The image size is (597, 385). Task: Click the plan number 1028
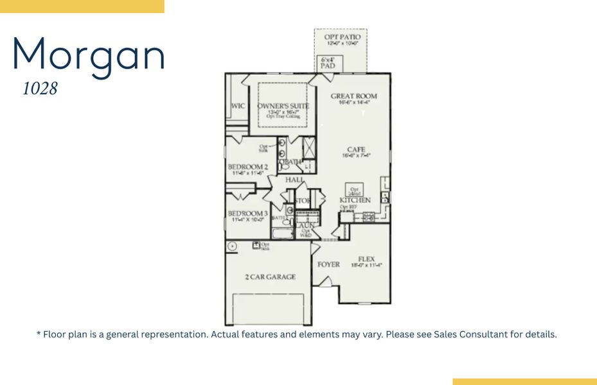pyautogui.click(x=40, y=89)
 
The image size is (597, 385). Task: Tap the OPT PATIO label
pyautogui.click(x=342, y=38)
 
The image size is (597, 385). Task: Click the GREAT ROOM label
pyautogui.click(x=353, y=97)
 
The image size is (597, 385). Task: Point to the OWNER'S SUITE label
pyautogui.click(x=283, y=106)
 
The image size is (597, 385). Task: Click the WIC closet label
pyautogui.click(x=238, y=106)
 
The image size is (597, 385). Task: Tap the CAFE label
pyautogui.click(x=356, y=150)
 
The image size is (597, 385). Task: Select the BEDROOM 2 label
pyautogui.click(x=247, y=167)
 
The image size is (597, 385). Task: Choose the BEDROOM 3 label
pyautogui.click(x=247, y=214)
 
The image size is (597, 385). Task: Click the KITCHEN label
pyautogui.click(x=355, y=200)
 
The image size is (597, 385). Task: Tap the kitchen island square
pyautogui.click(x=354, y=190)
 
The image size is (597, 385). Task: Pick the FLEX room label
pyautogui.click(x=366, y=259)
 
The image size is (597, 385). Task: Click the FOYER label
pyautogui.click(x=328, y=264)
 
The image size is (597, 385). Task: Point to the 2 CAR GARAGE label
pyautogui.click(x=270, y=277)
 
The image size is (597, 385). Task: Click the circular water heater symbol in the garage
pyautogui.click(x=232, y=246)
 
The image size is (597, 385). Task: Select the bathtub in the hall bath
pyautogui.click(x=282, y=232)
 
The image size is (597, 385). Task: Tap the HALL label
pyautogui.click(x=294, y=180)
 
